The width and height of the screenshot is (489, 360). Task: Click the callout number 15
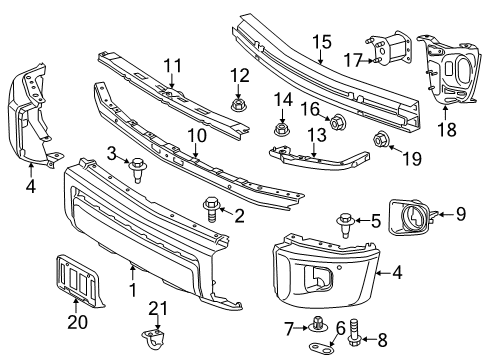[x=320, y=42]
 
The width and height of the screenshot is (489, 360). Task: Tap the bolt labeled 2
[x=213, y=209]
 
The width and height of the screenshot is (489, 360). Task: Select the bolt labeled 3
[x=136, y=175]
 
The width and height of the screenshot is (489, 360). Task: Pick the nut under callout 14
[x=281, y=128]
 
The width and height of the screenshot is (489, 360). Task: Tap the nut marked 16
[x=337, y=124]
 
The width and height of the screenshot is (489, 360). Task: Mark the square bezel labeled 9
[x=413, y=215]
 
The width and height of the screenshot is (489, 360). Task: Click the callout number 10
[x=196, y=133]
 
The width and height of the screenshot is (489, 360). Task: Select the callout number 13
[x=317, y=134]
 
